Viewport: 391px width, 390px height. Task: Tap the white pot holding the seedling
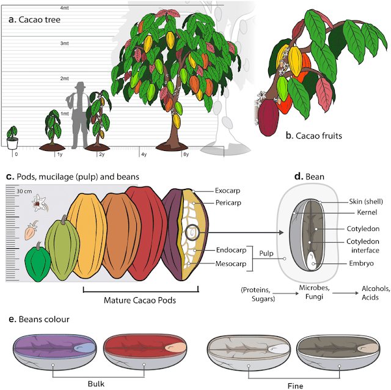coord(12,143)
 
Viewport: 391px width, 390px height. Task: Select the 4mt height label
coord(64,8)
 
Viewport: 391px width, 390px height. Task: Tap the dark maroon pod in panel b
coord(268,119)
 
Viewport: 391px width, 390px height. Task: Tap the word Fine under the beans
coord(295,385)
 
